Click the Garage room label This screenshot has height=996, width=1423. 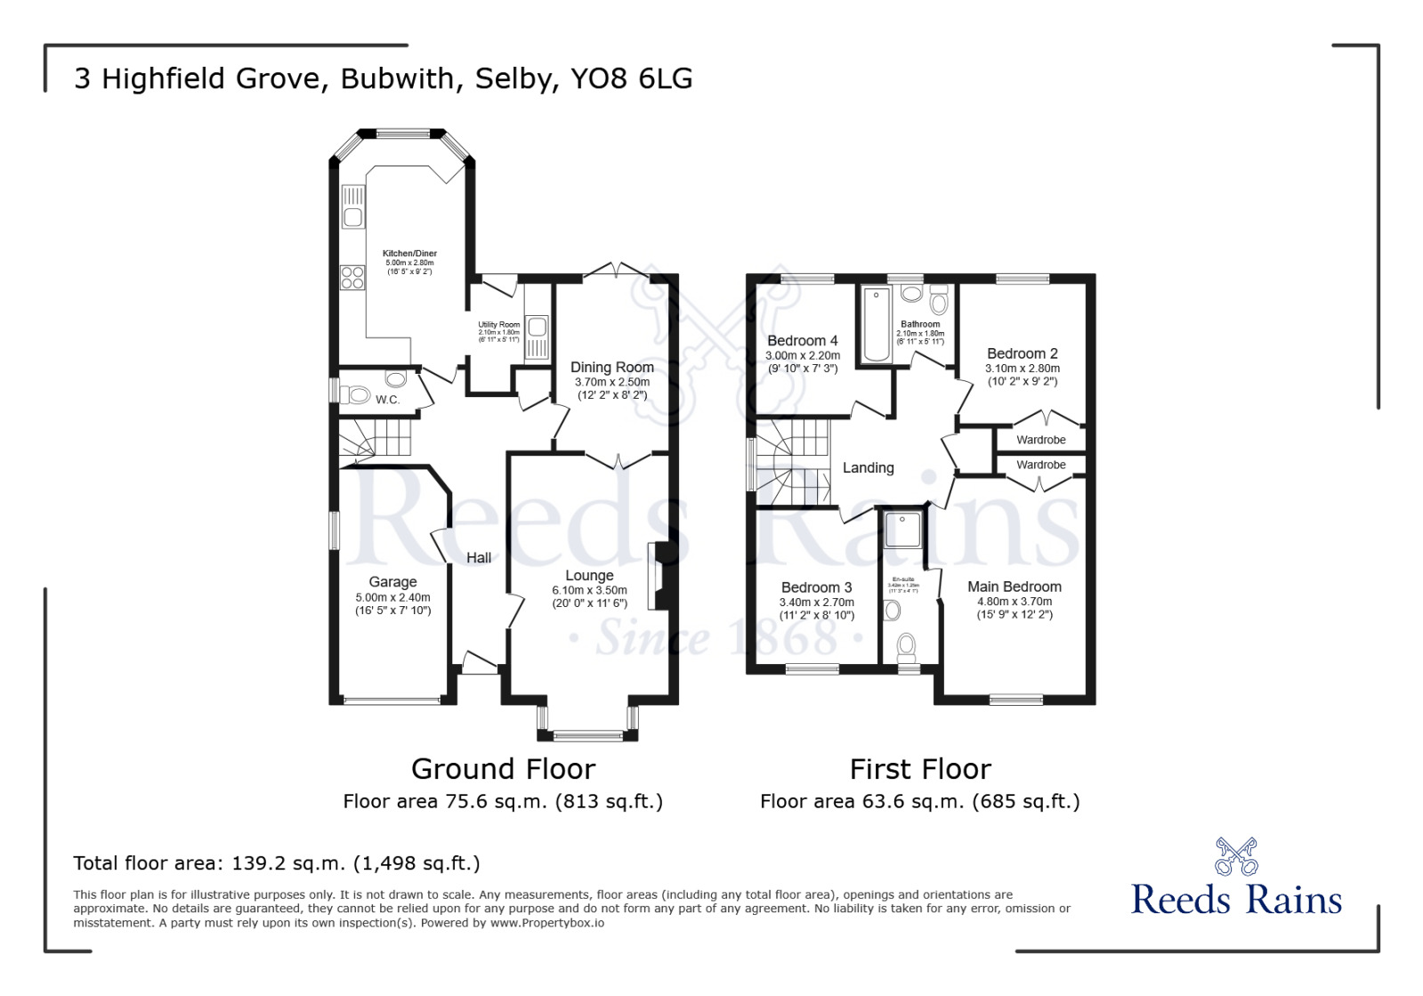pyautogui.click(x=392, y=582)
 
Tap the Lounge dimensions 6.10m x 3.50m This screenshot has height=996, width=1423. pyautogui.click(x=589, y=590)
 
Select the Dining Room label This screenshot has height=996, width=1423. pyautogui.click(x=611, y=368)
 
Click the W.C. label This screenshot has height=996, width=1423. pyautogui.click(x=387, y=400)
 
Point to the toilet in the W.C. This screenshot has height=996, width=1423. pyautogui.click(x=357, y=394)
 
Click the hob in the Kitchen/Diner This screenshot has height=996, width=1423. pyautogui.click(x=352, y=278)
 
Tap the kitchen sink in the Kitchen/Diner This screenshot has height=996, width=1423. pyautogui.click(x=352, y=215)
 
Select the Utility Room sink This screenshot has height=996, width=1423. pyautogui.click(x=537, y=328)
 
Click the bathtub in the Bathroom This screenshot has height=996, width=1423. pyautogui.click(x=877, y=325)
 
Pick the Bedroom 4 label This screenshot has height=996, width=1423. pyautogui.click(x=802, y=341)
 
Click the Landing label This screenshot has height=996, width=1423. pyautogui.click(x=868, y=468)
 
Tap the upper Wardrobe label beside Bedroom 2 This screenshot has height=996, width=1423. pyautogui.click(x=1040, y=440)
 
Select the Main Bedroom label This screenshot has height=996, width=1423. pyautogui.click(x=1014, y=587)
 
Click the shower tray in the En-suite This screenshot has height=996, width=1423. pyautogui.click(x=902, y=530)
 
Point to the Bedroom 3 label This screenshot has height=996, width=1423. pyautogui.click(x=816, y=587)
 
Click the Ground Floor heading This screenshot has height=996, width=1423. pyautogui.click(x=503, y=769)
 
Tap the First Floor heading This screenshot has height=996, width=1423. pyautogui.click(x=919, y=769)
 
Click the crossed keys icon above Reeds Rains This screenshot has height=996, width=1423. pyautogui.click(x=1236, y=856)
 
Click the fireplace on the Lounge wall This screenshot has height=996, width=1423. pyautogui.click(x=659, y=576)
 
